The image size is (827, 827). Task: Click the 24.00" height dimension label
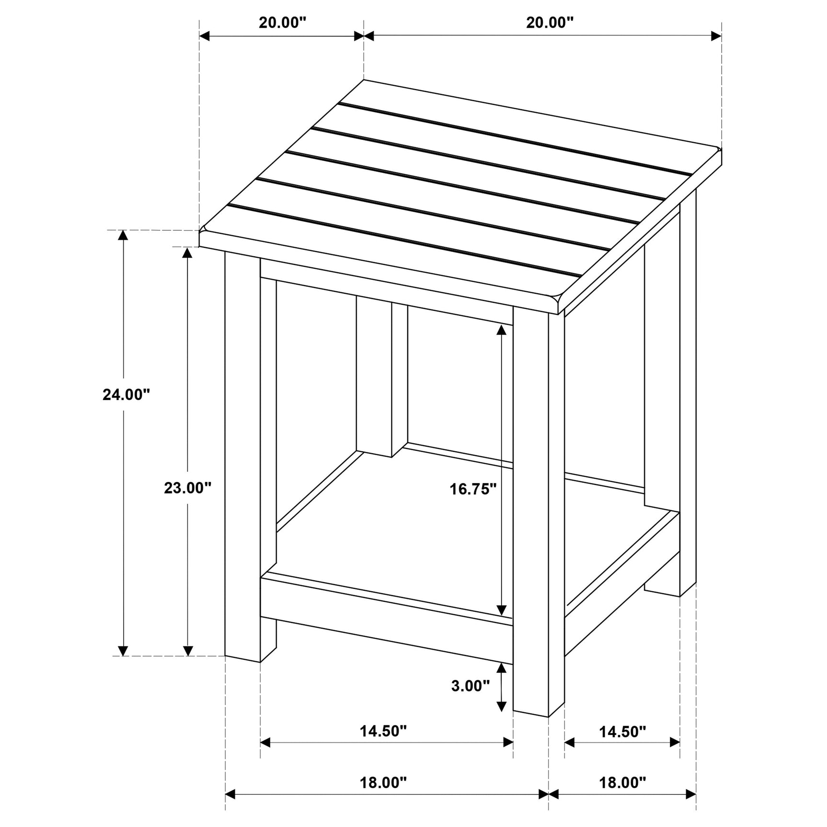click(126, 394)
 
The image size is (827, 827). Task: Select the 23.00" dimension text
click(187, 488)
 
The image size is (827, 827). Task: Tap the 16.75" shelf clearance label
click(473, 489)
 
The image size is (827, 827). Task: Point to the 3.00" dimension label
click(471, 686)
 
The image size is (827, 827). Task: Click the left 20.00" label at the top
click(282, 23)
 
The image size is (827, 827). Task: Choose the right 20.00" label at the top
click(550, 23)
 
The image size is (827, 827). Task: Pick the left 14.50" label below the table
click(383, 731)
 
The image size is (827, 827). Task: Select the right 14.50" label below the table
click(622, 731)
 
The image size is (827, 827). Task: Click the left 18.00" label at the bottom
click(383, 782)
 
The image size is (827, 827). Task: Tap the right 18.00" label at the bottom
click(622, 782)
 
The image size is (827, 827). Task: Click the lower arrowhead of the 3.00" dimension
click(501, 706)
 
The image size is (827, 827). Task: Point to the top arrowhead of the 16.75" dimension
click(501, 330)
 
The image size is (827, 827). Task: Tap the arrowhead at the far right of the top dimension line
click(716, 35)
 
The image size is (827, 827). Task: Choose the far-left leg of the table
click(242, 455)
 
